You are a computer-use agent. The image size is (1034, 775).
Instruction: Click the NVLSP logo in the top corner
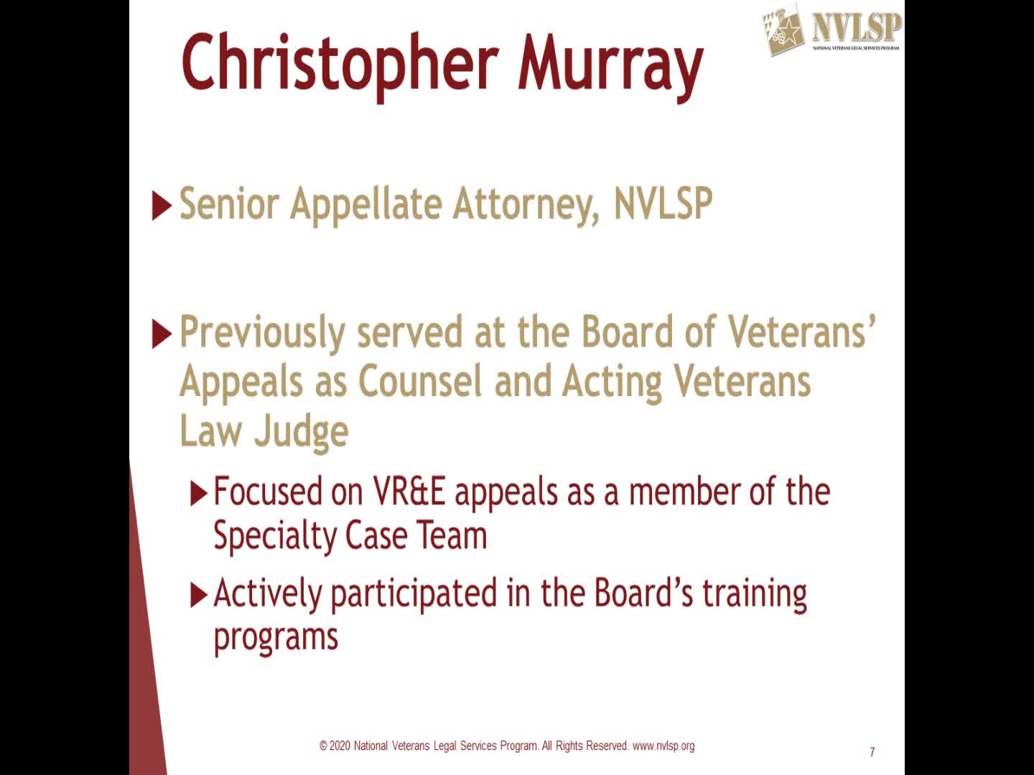pos(831,29)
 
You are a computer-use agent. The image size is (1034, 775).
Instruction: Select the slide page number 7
pos(872,752)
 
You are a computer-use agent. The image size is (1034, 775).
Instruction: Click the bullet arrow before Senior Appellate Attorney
pos(162,207)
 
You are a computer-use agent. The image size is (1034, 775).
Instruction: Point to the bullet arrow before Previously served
pos(162,334)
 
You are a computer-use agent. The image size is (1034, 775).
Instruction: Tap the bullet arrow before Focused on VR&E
pos(198,494)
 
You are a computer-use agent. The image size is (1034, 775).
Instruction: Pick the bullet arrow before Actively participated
pos(198,595)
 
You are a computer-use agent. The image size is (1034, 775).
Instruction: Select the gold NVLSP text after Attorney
pos(663,203)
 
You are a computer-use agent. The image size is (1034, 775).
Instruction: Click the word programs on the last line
pos(276,637)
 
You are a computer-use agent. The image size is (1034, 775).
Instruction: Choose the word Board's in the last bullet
pos(643,593)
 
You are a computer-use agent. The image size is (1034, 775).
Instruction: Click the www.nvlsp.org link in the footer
pos(663,746)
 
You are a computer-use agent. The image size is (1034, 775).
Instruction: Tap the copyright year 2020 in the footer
pos(340,746)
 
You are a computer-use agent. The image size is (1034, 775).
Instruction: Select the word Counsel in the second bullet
pos(419,382)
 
